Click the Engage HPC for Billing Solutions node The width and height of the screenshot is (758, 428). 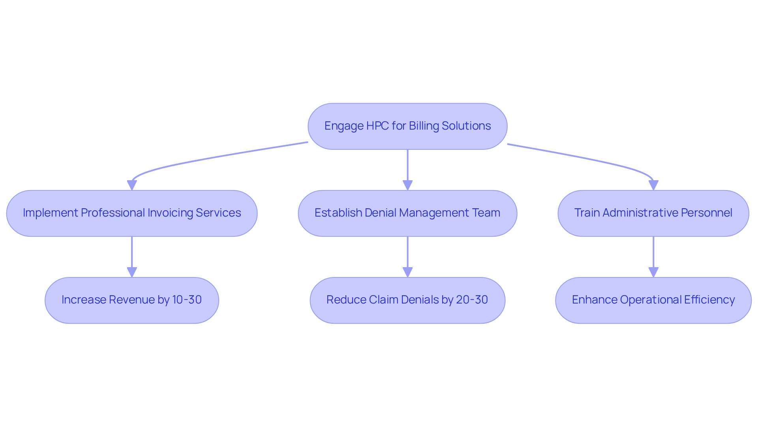tap(407, 126)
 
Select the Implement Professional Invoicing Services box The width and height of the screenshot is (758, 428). tap(132, 213)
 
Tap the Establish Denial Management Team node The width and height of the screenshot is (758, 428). tap(407, 213)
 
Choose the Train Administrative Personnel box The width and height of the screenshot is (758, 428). tap(653, 213)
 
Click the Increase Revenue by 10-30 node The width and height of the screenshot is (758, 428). tap(132, 300)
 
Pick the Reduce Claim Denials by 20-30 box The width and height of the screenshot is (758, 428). tap(407, 300)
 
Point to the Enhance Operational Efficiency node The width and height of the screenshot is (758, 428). tap(653, 300)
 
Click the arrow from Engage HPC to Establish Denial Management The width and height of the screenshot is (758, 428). tap(407, 170)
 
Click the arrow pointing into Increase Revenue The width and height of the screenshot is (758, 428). tap(132, 257)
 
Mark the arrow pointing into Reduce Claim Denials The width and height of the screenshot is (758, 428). tap(407, 257)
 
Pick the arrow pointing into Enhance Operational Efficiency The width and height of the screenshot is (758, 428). tap(653, 257)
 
